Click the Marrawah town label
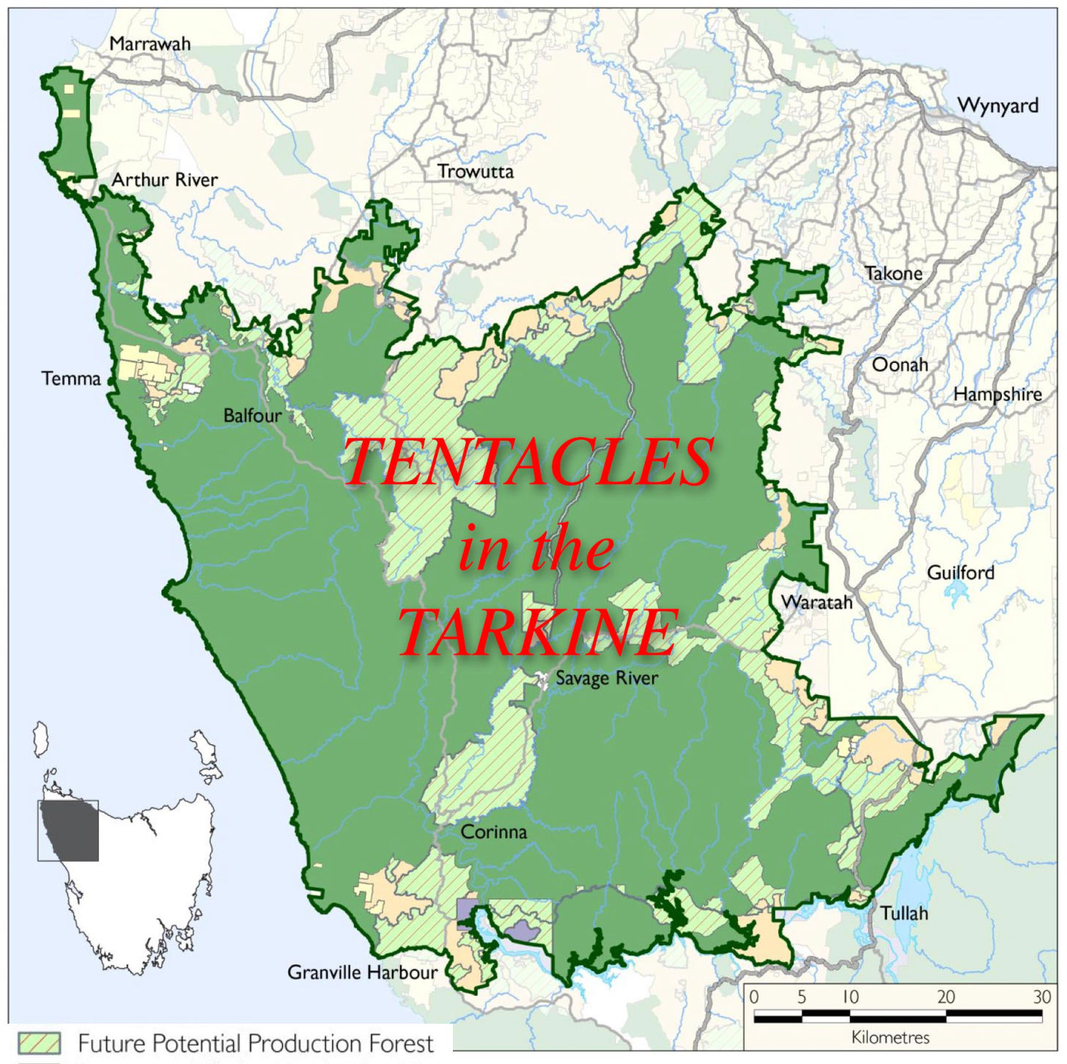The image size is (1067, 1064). click(149, 44)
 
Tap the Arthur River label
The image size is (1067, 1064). click(165, 180)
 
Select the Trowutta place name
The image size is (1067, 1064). click(476, 172)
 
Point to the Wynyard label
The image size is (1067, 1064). click(997, 106)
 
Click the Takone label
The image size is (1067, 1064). click(893, 274)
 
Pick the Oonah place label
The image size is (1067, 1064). click(900, 364)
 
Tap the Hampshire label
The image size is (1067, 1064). click(997, 395)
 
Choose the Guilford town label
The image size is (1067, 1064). click(961, 573)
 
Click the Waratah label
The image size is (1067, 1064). click(816, 603)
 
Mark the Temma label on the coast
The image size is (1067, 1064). click(71, 379)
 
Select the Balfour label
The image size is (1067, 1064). click(252, 416)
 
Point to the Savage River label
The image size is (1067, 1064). click(607, 678)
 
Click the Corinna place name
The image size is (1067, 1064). click(494, 832)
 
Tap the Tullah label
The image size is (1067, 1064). click(904, 914)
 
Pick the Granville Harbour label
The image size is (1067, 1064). click(362, 972)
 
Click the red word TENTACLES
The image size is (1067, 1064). click(528, 462)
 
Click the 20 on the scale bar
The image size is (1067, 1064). click(945, 997)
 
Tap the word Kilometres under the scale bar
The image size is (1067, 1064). click(890, 1038)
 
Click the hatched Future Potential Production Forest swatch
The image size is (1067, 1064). click(39, 1043)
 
